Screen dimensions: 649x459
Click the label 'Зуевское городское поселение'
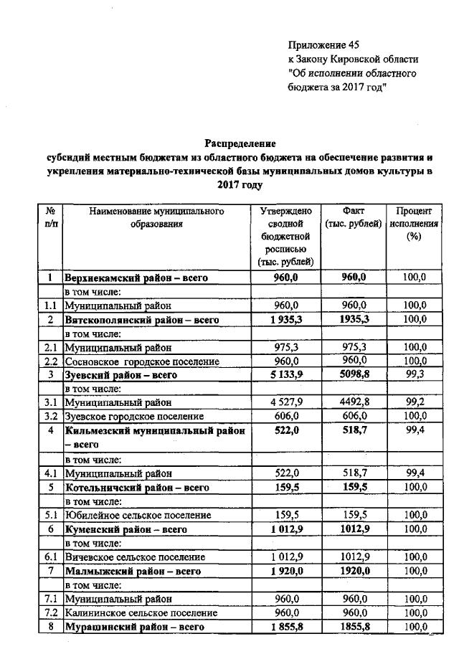(134, 416)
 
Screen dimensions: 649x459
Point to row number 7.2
(50, 613)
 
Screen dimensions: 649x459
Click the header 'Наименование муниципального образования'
(156, 217)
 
